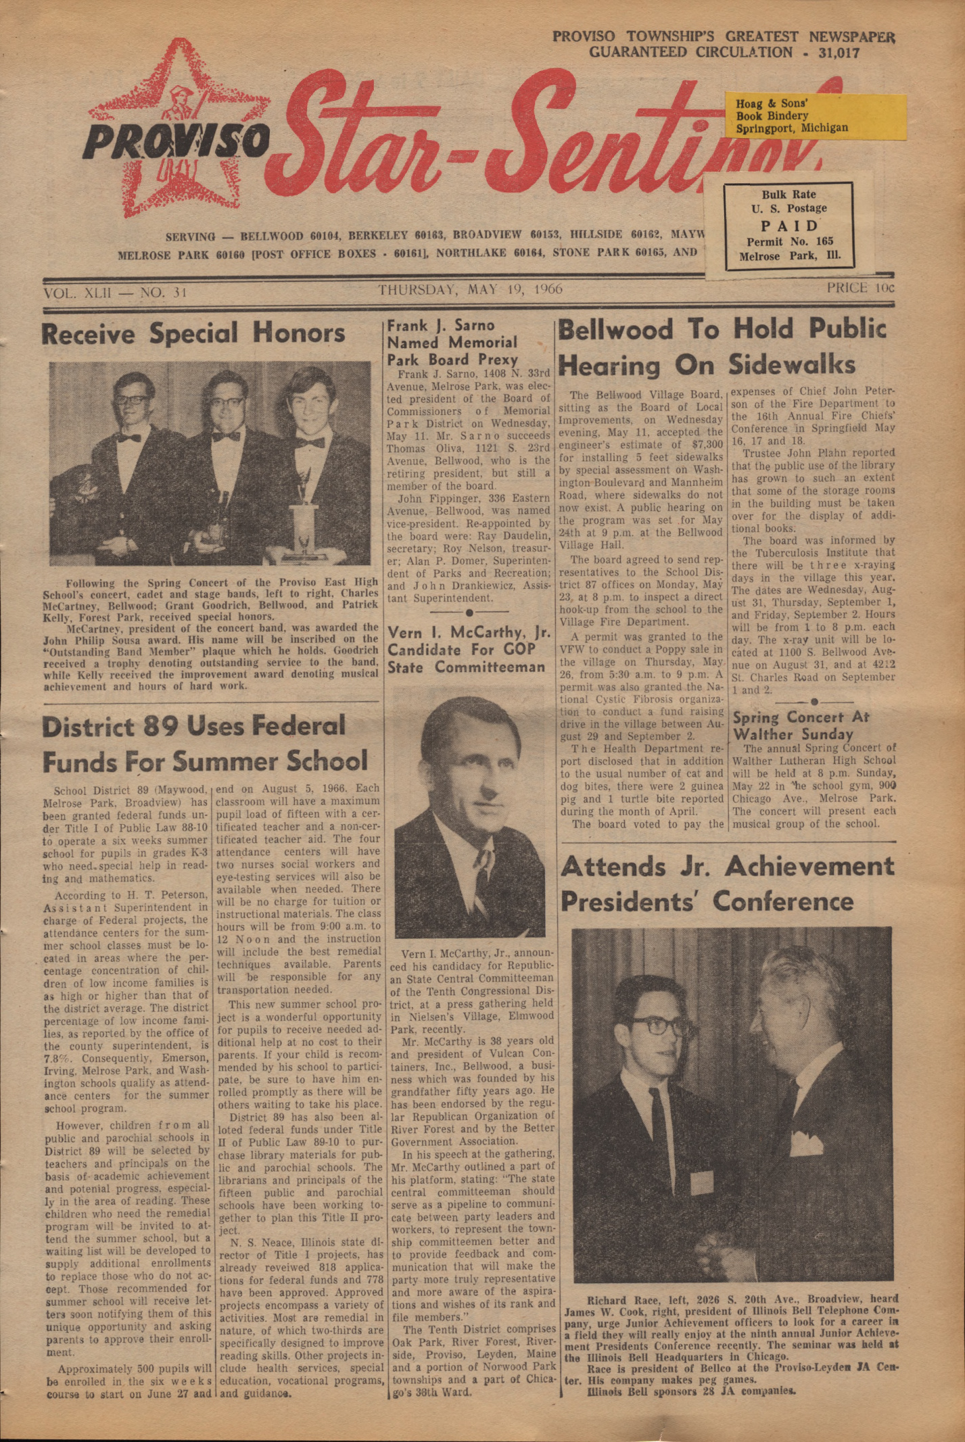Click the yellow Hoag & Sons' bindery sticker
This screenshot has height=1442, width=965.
(x=816, y=116)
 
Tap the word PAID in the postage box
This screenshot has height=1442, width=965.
(x=789, y=225)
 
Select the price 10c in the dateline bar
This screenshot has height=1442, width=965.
(x=860, y=288)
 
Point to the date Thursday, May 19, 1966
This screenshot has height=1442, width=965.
(x=470, y=290)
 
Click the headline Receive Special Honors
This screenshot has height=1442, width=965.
(x=193, y=334)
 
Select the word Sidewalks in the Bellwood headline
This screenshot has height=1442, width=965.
(x=792, y=366)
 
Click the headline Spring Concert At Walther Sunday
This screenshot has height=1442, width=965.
(x=801, y=725)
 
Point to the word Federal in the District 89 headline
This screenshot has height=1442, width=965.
(x=287, y=727)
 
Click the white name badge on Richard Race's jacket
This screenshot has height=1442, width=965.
(x=701, y=1183)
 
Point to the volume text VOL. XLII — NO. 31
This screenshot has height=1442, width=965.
(x=114, y=293)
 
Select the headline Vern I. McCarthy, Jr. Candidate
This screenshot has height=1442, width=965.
(x=466, y=650)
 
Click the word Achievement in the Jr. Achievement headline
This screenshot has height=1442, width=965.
(x=809, y=867)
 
